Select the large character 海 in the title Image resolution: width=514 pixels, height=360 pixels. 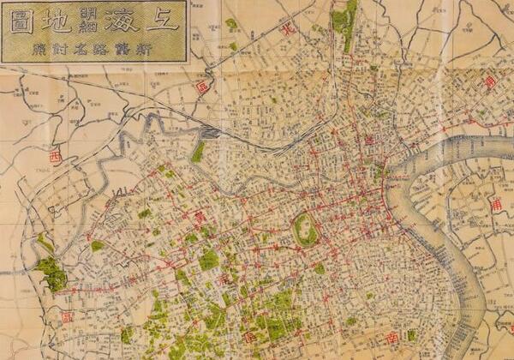(x=123, y=20)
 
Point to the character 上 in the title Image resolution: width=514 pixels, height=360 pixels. (x=163, y=20)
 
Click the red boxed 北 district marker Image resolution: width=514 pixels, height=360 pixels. (x=289, y=28)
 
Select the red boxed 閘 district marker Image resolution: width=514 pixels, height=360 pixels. (x=202, y=87)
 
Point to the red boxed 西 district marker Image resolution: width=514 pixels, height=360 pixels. (x=56, y=158)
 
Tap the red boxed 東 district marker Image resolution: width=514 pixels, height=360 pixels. (x=489, y=82)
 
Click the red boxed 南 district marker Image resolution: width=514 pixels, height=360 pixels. (x=392, y=336)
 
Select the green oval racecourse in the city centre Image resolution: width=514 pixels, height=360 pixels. (x=305, y=230)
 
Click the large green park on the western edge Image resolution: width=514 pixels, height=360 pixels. (x=51, y=273)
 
